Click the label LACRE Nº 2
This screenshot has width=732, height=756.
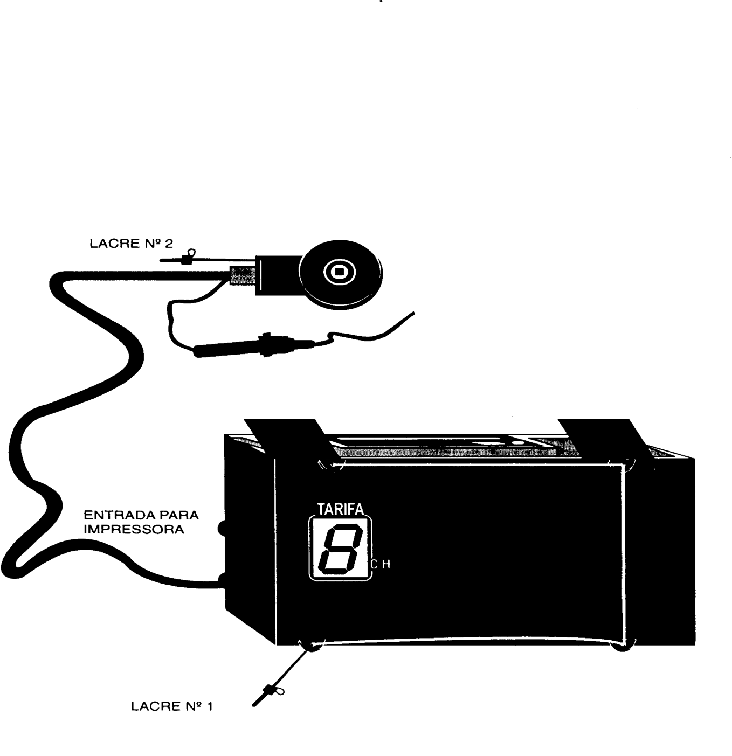131,244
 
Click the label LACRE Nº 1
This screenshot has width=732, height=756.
172,706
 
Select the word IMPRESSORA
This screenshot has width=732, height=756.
134,530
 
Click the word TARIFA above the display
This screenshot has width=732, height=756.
340,509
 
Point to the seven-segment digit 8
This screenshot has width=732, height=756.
340,549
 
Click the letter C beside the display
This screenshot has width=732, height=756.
374,565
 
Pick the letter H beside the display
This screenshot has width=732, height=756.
386,565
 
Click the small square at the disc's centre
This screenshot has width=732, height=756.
340,272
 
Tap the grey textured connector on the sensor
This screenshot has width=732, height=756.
242,276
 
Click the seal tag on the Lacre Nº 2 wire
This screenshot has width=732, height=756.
188,258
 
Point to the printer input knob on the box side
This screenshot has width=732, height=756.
222,529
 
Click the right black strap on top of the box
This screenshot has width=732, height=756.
603,437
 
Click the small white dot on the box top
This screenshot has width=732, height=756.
516,442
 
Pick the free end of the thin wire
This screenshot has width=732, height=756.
414,313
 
